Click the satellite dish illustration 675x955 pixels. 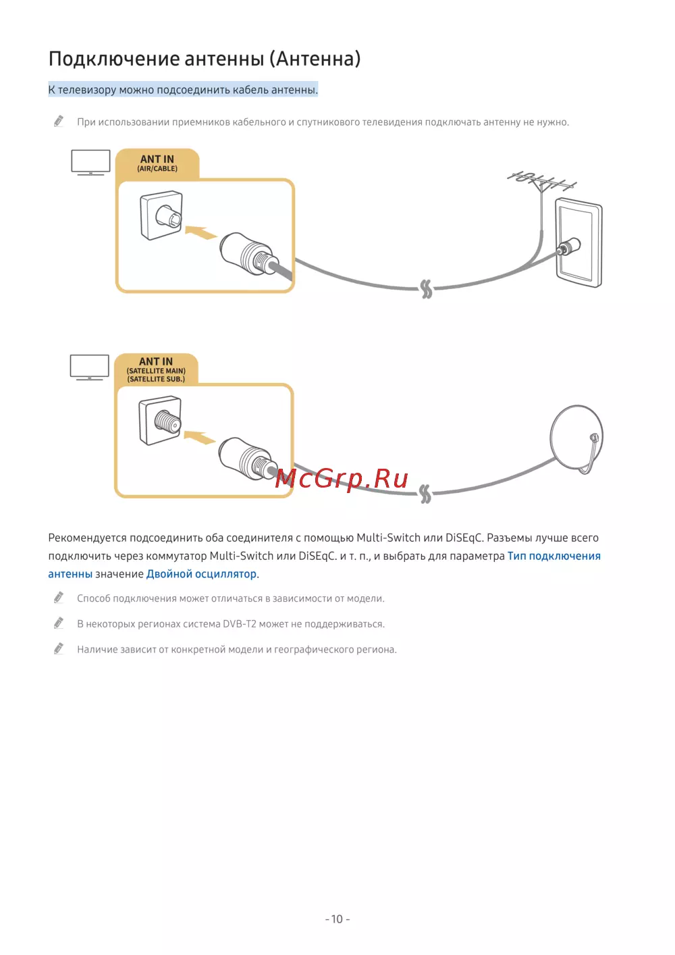point(576,439)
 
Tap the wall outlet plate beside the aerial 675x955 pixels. point(578,242)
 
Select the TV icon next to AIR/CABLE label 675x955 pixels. point(90,162)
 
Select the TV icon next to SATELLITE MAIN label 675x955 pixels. point(90,367)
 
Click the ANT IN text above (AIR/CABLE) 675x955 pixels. point(157,159)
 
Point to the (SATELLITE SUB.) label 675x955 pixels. point(156,379)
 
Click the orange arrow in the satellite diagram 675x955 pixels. point(199,437)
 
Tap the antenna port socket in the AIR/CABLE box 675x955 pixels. point(161,215)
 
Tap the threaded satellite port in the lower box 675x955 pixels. point(160,420)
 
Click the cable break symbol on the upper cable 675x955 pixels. point(426,289)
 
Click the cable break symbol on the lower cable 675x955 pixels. point(425,494)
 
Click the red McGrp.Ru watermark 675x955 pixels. point(342,478)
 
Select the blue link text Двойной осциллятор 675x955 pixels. point(201,574)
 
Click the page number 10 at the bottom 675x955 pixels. point(337,919)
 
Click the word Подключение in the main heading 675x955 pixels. point(114,59)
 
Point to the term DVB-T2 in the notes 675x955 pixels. point(240,624)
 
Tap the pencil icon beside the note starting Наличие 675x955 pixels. point(59,648)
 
